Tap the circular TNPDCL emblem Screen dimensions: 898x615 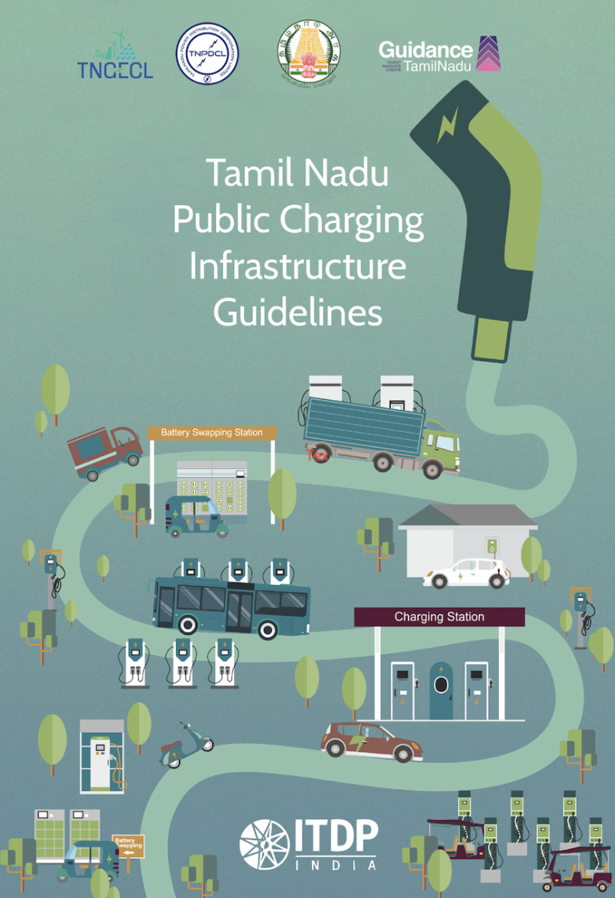tap(207, 55)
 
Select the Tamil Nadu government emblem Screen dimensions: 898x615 tap(309, 55)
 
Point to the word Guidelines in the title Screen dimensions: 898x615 tap(298, 312)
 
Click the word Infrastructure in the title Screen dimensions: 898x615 tap(298, 266)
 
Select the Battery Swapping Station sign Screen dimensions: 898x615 tap(211, 433)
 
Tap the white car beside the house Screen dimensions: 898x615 tap(467, 574)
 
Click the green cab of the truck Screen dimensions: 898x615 tap(441, 447)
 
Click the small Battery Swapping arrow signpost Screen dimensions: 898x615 tap(129, 845)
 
